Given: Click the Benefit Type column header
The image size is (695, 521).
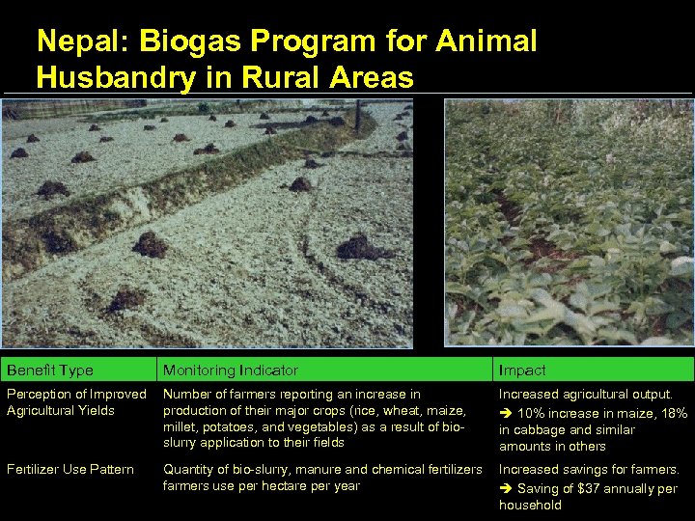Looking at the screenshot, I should click(50, 370).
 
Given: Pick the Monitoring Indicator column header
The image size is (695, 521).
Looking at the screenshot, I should click(231, 370).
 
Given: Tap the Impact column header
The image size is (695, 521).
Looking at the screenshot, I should click(522, 370).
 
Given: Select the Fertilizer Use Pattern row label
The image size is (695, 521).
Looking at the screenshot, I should click(70, 470).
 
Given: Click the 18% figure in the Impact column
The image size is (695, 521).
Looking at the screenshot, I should click(674, 413).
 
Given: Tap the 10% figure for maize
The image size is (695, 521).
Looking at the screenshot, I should click(532, 413).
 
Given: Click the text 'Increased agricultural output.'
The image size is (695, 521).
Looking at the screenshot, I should click(585, 394).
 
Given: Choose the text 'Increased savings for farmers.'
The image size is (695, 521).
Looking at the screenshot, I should click(588, 470).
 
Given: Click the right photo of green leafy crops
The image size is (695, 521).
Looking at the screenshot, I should click(569, 222).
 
